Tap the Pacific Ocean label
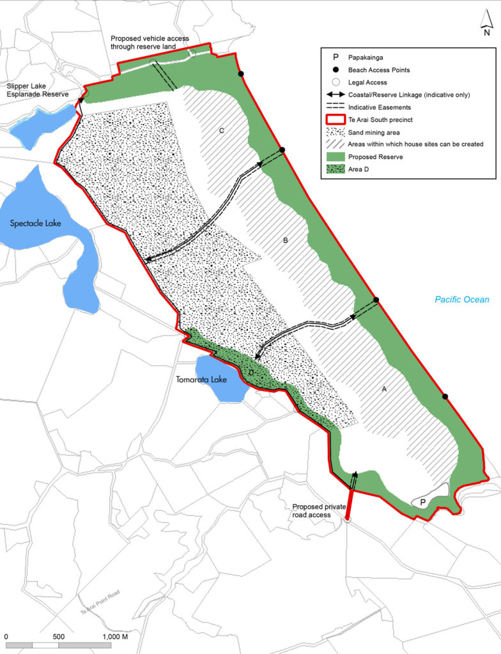pyautogui.click(x=459, y=299)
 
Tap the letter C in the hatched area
pyautogui.click(x=221, y=131)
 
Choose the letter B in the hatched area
pyautogui.click(x=286, y=241)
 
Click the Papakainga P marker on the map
pyautogui.click(x=422, y=503)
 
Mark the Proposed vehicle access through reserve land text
pyautogui.click(x=150, y=43)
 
